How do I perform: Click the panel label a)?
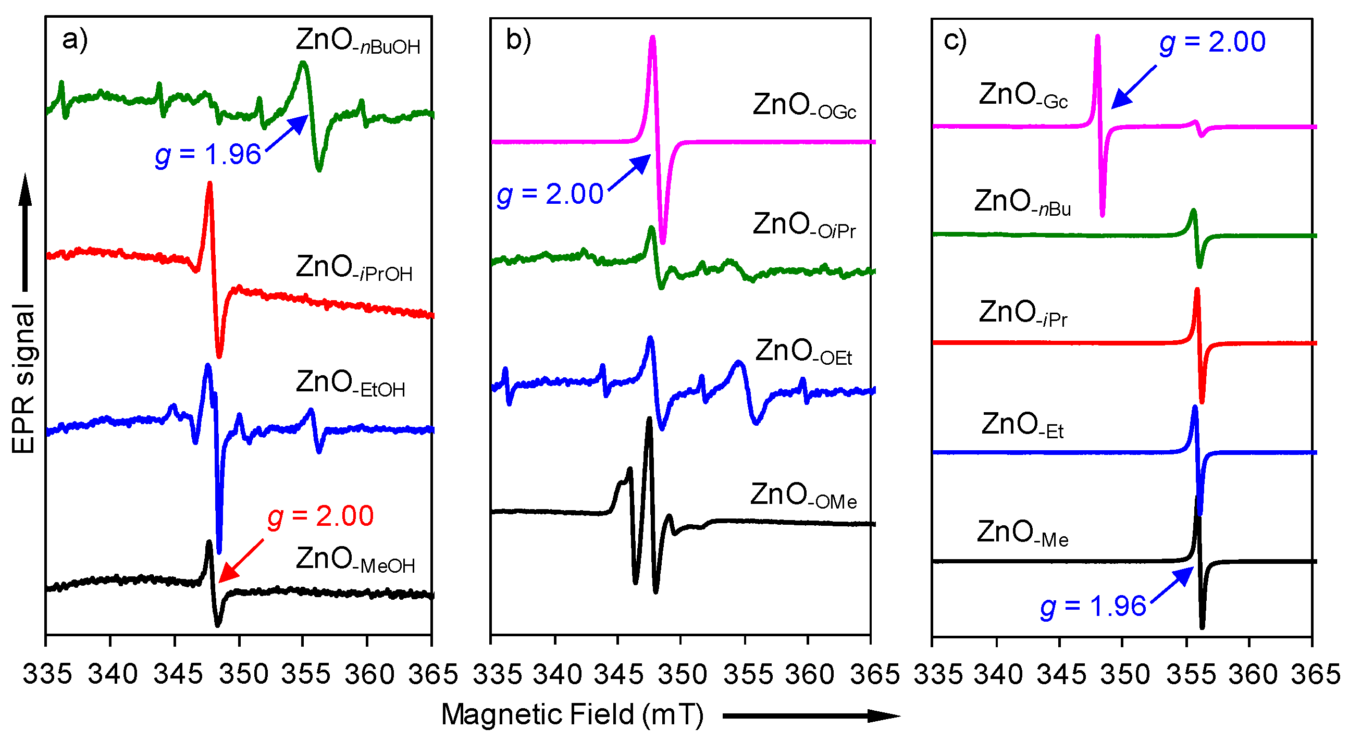75,39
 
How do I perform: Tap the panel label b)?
518,40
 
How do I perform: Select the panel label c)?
955,40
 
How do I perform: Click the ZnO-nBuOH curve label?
357,42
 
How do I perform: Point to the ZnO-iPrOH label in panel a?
354,269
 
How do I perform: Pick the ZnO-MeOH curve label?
355,560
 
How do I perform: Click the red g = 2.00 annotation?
320,516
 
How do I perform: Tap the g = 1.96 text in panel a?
208,155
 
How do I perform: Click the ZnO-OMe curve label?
803,497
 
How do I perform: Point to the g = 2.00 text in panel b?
550,194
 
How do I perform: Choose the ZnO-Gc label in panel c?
1023,96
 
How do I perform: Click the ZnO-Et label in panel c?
1022,426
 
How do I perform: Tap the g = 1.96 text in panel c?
1093,607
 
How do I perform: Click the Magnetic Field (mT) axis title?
573,715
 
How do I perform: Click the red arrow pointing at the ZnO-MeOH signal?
241,561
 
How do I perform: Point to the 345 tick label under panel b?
618,674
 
